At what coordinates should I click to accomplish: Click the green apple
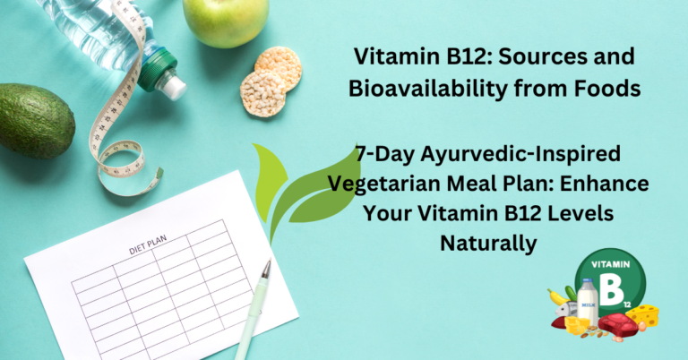point(225,21)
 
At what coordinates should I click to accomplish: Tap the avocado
point(34,121)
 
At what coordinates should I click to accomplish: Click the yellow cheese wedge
point(643,314)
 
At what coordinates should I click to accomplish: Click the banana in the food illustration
point(558,297)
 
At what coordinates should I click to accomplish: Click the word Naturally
point(487,242)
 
